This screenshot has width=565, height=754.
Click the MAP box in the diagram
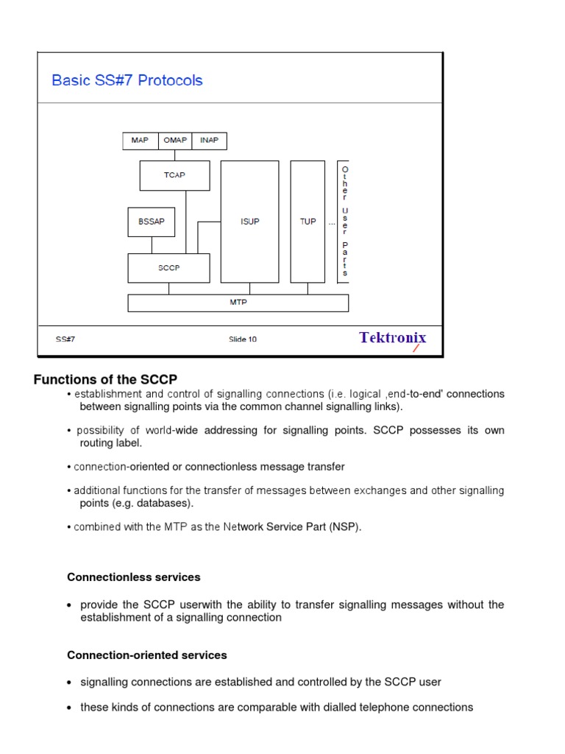click(140, 141)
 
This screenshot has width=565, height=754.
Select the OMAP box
click(175, 141)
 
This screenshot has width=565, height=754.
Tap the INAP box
click(210, 141)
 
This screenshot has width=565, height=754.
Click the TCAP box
click(174, 175)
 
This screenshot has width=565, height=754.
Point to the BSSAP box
click(152, 222)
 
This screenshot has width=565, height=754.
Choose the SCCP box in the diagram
click(168, 268)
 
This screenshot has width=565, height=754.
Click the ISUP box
click(250, 222)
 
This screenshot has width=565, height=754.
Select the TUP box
click(308, 222)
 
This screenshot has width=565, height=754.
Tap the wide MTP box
click(238, 302)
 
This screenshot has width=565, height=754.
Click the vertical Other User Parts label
click(344, 222)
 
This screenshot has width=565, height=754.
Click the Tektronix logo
click(392, 338)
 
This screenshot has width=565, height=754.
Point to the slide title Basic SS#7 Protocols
click(127, 80)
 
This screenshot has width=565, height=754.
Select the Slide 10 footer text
click(243, 339)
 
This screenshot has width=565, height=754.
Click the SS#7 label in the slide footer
click(65, 339)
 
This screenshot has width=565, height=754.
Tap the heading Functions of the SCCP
click(106, 380)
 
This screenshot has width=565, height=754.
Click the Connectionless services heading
click(134, 577)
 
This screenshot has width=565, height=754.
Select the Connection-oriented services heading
click(147, 655)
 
